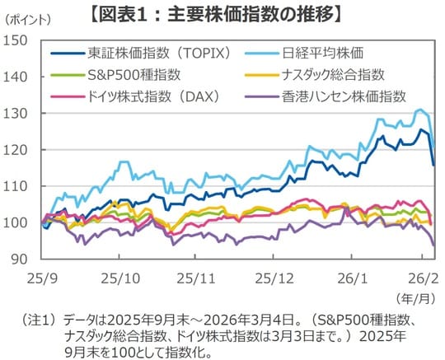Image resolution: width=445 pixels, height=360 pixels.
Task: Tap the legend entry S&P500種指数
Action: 124,75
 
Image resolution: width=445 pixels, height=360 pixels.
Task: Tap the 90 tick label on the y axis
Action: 20,259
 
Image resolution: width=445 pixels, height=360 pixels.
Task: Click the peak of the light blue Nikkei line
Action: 420,110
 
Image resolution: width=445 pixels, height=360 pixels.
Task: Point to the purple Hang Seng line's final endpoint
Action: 434,245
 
